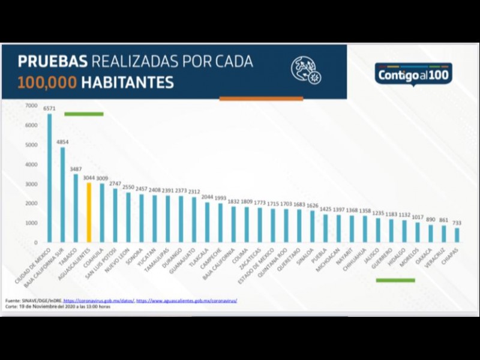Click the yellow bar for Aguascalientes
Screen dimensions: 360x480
pyautogui.click(x=89, y=213)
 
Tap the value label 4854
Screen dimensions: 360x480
pyautogui.click(x=63, y=142)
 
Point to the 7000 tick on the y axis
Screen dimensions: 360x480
pyautogui.click(x=31, y=106)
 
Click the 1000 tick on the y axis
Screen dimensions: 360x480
pyautogui.click(x=31, y=223)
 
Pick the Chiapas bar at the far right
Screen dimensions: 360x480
pyautogui.click(x=457, y=235)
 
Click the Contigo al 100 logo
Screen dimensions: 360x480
pyautogui.click(x=413, y=75)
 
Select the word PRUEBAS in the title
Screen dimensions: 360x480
pyautogui.click(x=53, y=62)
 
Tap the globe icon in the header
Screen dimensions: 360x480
pyautogui.click(x=305, y=70)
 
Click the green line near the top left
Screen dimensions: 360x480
pyautogui.click(x=84, y=114)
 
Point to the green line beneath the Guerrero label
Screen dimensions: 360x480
pyautogui.click(x=395, y=280)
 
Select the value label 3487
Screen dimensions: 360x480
pyautogui.click(x=76, y=169)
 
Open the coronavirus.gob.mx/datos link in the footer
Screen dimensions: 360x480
pyautogui.click(x=98, y=299)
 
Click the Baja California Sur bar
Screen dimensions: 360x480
pyautogui.click(x=62, y=194)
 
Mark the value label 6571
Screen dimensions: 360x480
pyautogui.click(x=49, y=109)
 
